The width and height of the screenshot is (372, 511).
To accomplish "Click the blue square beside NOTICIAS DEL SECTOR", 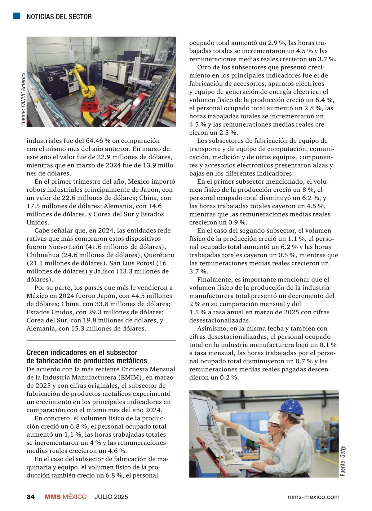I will (17, 16).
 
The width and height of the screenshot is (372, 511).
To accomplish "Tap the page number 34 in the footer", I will (30, 497).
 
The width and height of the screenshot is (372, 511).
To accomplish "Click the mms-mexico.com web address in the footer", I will (313, 497).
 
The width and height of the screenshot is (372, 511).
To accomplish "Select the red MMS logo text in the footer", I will (52, 497).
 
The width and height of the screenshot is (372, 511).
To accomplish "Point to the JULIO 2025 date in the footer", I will (111, 497).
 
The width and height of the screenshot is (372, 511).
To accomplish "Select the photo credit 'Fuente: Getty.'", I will (342, 461).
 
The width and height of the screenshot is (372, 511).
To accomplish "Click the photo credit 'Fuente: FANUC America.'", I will (23, 99).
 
